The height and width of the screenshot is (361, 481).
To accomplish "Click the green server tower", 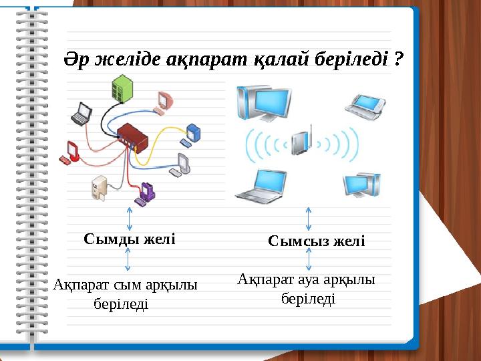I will [122, 89].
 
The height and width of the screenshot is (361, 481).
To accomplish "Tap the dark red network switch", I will [131, 137].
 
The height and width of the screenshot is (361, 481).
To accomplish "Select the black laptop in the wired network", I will [82, 114].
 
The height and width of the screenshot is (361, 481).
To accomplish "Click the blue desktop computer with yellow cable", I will [193, 133].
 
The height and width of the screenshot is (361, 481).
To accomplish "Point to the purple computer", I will [146, 193].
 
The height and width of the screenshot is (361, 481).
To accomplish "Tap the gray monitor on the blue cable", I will [181, 164].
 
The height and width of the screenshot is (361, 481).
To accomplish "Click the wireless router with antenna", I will [302, 140].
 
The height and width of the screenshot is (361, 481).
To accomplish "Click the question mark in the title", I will [399, 60].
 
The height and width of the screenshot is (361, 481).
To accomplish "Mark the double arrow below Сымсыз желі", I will [308, 259].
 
